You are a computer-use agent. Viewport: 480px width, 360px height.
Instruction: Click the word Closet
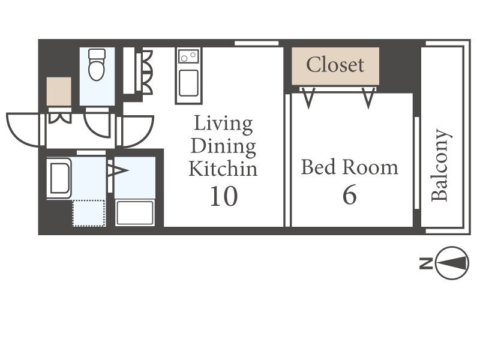tap(335, 65)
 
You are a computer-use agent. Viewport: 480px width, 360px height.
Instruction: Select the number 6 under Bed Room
tap(350, 194)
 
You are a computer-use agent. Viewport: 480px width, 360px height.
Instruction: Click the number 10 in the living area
tap(224, 196)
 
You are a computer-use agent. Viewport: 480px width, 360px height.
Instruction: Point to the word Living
tap(223, 124)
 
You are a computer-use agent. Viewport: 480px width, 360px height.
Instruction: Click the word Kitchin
tap(223, 169)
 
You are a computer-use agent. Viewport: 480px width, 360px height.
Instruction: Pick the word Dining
tap(223, 147)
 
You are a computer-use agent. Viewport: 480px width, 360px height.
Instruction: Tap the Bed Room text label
tap(350, 167)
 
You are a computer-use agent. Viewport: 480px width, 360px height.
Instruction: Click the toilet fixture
tap(97, 65)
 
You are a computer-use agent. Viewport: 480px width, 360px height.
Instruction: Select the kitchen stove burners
tap(188, 56)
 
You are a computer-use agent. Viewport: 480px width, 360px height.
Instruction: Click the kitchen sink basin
tap(188, 83)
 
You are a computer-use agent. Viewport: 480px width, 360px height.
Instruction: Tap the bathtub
tap(59, 178)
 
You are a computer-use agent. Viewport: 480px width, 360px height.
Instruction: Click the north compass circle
tap(452, 263)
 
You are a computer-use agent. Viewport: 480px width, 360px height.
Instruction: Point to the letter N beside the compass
tap(426, 263)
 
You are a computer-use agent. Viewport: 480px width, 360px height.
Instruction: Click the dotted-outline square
tap(89, 213)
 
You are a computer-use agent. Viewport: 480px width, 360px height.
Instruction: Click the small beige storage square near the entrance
tap(59, 92)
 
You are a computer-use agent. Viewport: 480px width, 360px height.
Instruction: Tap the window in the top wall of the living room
tap(257, 43)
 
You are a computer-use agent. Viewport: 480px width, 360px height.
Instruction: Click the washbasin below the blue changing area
tap(134, 213)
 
